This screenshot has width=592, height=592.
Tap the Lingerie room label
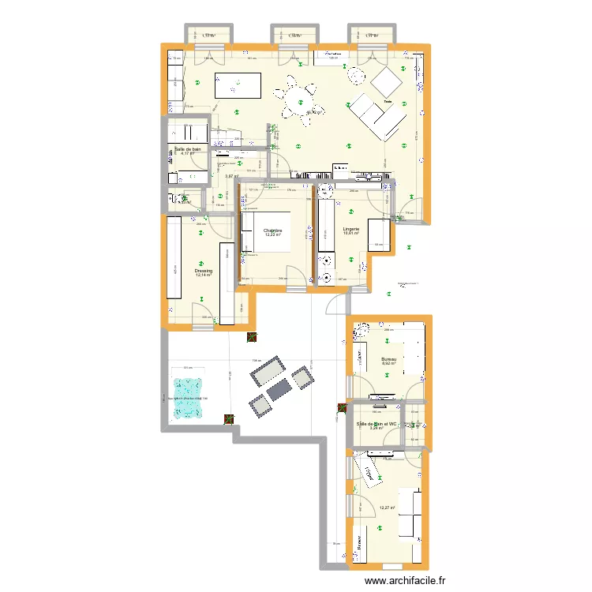pyautogui.click(x=352, y=229)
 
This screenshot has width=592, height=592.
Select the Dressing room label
pyautogui.click(x=204, y=271)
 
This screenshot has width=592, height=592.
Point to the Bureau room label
pyautogui.click(x=388, y=358)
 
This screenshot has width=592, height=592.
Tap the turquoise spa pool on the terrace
pyautogui.click(x=188, y=389)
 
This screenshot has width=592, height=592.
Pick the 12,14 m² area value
pyautogui.click(x=204, y=276)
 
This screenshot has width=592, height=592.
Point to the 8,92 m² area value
pyautogui.click(x=388, y=364)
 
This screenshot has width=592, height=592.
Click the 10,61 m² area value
pyautogui.click(x=352, y=234)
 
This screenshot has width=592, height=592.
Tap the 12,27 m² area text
pyautogui.click(x=387, y=508)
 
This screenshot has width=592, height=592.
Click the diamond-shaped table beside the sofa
pyautogui.click(x=387, y=80)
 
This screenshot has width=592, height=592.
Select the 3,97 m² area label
pyautogui.click(x=232, y=177)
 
